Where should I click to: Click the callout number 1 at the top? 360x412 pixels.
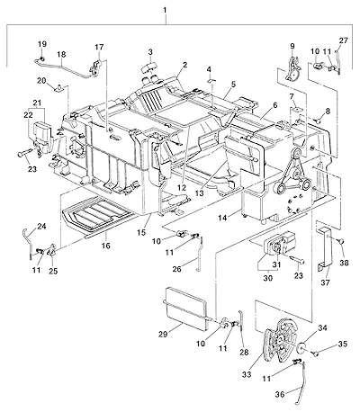click(x=165, y=10)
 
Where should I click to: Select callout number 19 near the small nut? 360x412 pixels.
click(x=42, y=44)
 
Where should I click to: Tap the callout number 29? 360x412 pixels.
click(x=163, y=335)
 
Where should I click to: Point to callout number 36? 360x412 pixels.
click(x=280, y=395)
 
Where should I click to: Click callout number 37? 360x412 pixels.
click(x=326, y=282)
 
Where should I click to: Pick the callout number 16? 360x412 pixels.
click(x=105, y=246)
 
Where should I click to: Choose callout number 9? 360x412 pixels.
click(x=292, y=46)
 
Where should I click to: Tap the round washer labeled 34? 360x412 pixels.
click(x=301, y=348)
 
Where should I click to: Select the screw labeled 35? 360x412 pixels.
click(x=315, y=354)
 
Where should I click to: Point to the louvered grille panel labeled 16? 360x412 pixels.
click(x=97, y=214)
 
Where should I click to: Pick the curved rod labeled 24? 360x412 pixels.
click(x=29, y=242)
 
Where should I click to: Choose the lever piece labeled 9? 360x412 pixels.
click(x=293, y=69)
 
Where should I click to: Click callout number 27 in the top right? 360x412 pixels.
click(x=344, y=40)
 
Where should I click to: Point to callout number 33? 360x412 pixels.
click(x=247, y=374)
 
